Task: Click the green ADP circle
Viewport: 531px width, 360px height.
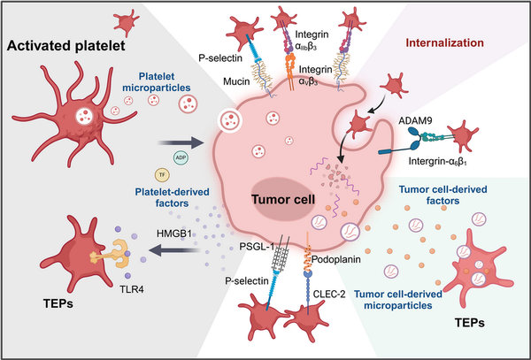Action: (181, 158)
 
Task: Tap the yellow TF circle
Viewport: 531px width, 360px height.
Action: (162, 175)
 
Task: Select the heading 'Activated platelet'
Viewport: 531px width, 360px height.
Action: (66, 45)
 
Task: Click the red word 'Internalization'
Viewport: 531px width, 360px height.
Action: (444, 43)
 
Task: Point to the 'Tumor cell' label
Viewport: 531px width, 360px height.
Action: (283, 199)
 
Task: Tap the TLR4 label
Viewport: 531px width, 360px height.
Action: (131, 289)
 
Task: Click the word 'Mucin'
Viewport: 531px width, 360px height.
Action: (237, 81)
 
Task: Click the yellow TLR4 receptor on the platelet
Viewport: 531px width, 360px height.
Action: (112, 254)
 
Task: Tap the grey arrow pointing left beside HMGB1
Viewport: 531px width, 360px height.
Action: (174, 250)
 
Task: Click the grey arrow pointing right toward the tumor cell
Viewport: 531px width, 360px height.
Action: (181, 142)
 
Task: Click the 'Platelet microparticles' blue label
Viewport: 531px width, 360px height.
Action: (157, 82)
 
